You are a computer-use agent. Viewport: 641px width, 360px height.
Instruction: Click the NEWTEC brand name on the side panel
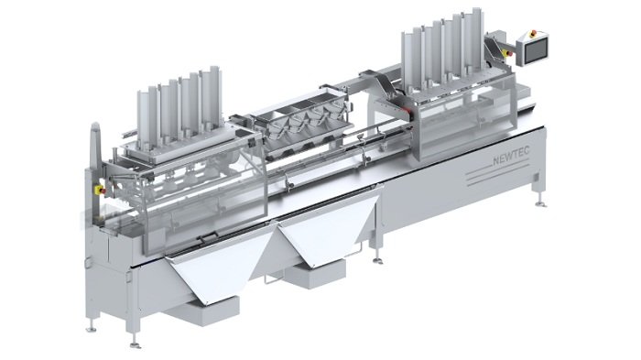pyautogui.click(x=511, y=156)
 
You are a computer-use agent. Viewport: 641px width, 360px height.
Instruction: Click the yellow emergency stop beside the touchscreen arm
pyautogui.click(x=508, y=53)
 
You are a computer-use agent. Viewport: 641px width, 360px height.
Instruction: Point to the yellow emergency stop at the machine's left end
pyautogui.click(x=100, y=190)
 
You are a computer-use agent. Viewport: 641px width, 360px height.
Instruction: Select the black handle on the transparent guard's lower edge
pyautogui.click(x=207, y=236)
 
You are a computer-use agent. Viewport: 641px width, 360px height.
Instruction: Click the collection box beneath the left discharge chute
pyautogui.click(x=201, y=311)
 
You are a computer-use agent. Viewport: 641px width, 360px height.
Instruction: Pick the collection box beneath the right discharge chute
pyautogui.click(x=316, y=274)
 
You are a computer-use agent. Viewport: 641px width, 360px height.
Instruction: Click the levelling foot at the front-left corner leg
pyautogui.click(x=136, y=345)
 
